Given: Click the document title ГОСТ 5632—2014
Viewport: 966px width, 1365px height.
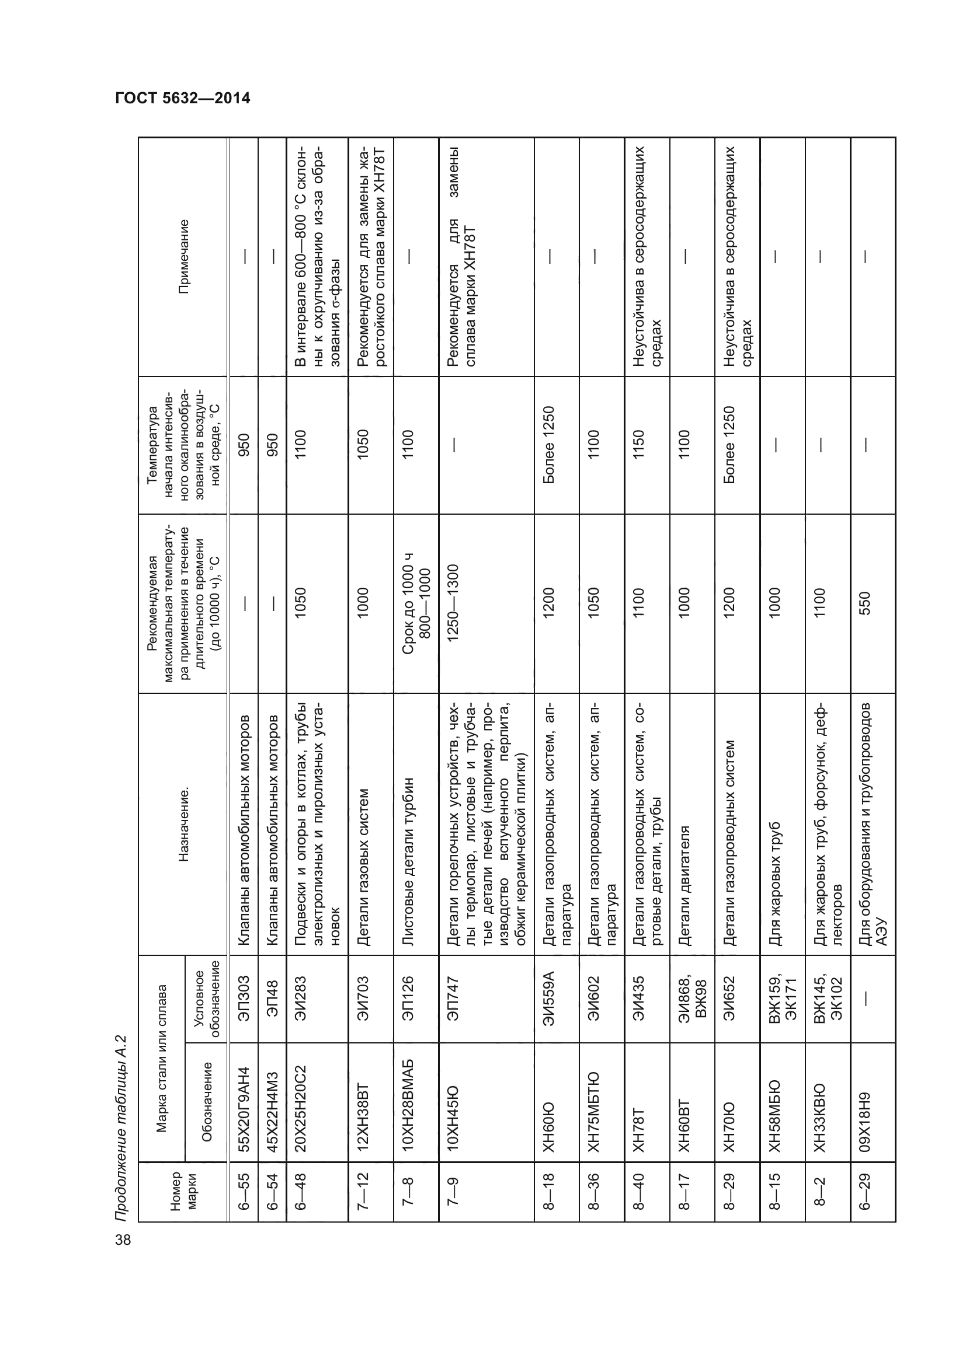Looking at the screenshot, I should click(183, 98).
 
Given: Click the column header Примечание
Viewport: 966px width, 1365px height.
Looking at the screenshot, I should click(184, 256).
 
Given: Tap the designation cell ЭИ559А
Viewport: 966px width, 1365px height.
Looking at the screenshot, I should click(548, 999).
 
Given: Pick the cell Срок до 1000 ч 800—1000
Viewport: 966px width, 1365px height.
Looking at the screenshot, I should click(416, 603).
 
